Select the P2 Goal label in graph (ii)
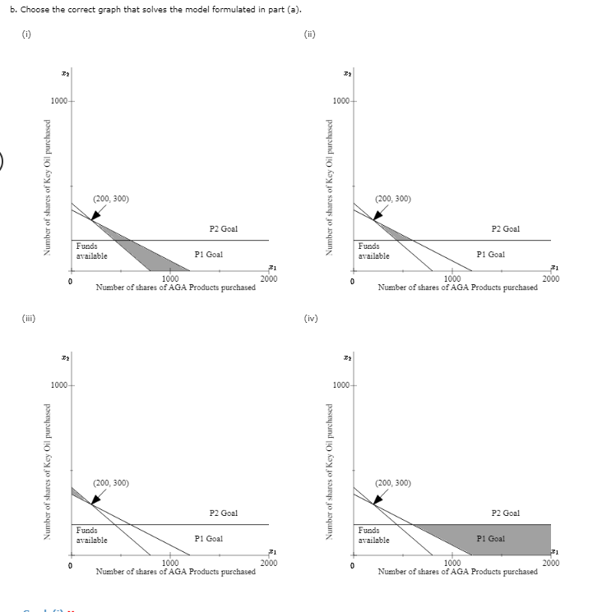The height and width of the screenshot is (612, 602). pos(505,229)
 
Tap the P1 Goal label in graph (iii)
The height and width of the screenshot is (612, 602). pos(208,539)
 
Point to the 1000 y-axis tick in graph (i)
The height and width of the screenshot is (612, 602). pos(58,101)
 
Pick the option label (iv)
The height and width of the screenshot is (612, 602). pos(310,319)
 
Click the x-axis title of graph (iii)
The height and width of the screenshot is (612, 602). pos(175,572)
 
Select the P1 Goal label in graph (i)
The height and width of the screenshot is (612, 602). pos(208,255)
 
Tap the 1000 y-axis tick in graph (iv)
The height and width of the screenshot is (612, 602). pos(340,385)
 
